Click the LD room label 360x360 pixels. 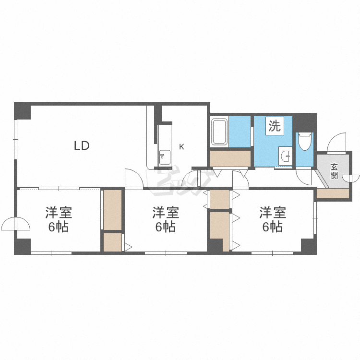point(82,145)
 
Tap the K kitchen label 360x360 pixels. point(181,147)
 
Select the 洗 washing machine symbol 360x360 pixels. point(275,126)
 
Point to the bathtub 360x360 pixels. point(219,132)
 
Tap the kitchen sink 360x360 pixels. point(165,157)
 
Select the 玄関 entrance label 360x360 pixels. point(334,171)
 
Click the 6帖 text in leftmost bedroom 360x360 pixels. point(58,227)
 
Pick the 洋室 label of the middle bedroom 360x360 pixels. point(166,212)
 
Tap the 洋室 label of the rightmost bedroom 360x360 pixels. point(273,212)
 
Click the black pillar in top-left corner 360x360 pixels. point(23,111)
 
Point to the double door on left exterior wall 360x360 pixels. point(15,224)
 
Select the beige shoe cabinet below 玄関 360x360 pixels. point(333,193)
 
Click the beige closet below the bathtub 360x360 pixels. point(230,158)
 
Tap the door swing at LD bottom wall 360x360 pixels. point(134,178)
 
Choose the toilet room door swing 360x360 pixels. point(303,176)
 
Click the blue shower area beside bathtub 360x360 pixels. point(240,132)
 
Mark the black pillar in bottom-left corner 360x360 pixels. point(23,246)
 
